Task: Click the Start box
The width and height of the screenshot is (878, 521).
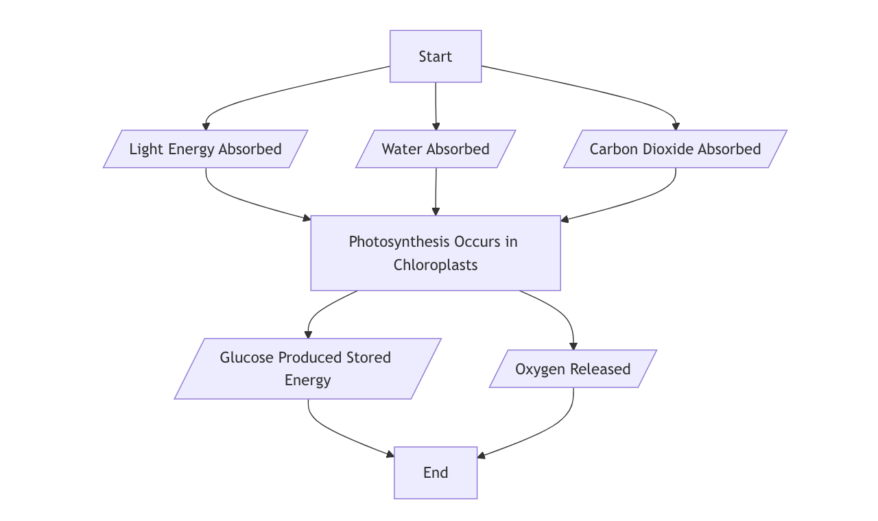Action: pyautogui.click(x=436, y=56)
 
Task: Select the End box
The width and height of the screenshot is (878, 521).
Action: pyautogui.click(x=436, y=472)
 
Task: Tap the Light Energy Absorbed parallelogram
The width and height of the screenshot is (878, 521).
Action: pyautogui.click(x=206, y=149)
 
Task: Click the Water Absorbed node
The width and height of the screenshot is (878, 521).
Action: pyautogui.click(x=436, y=149)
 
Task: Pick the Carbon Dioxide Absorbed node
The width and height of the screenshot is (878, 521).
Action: pyautogui.click(x=675, y=149)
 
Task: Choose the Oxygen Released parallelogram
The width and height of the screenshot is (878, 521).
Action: pyautogui.click(x=573, y=369)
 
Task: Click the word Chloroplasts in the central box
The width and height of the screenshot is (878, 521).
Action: pyautogui.click(x=436, y=265)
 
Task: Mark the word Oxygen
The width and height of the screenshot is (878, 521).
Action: pyautogui.click(x=537, y=369)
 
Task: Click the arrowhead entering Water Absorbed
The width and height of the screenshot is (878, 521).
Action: pyautogui.click(x=436, y=126)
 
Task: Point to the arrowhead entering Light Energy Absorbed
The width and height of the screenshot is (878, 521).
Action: pyautogui.click(x=206, y=126)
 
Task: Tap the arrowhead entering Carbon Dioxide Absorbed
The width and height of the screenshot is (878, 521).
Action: pyautogui.click(x=676, y=126)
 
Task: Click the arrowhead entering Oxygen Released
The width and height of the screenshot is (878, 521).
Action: pyautogui.click(x=573, y=346)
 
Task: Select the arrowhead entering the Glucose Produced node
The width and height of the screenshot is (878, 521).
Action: pyautogui.click(x=308, y=335)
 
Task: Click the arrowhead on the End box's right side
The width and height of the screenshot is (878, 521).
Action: pyautogui.click(x=482, y=455)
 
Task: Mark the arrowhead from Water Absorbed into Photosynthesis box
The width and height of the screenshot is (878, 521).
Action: pyautogui.click(x=436, y=212)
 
